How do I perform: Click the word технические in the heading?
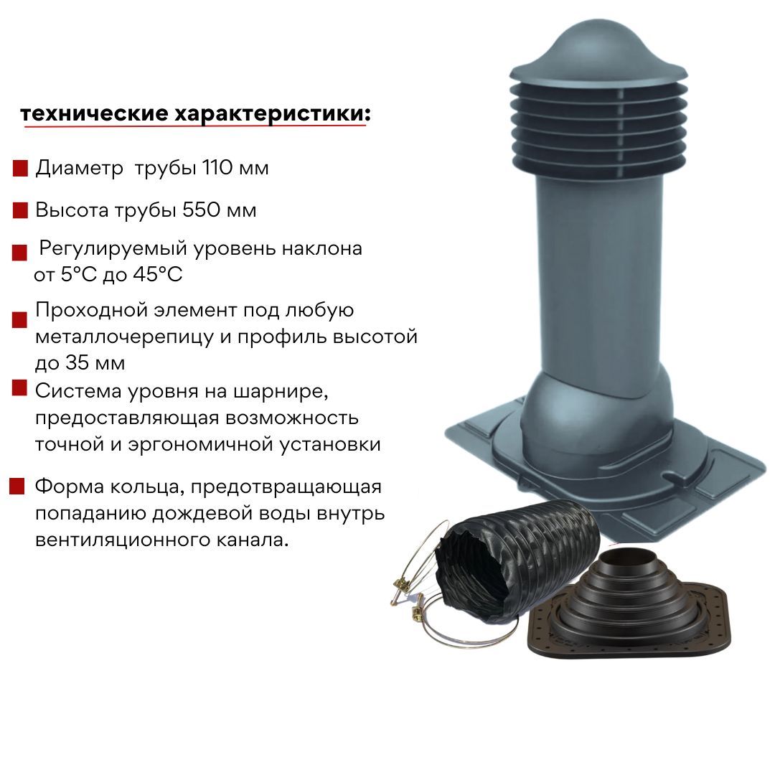(94, 113)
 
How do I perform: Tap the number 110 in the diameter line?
(217, 167)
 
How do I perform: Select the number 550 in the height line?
(201, 210)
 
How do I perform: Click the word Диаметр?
(79, 168)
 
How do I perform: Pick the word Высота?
(72, 210)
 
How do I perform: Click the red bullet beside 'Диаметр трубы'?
(20, 169)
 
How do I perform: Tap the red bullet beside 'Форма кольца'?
(17, 487)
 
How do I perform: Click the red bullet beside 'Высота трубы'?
(20, 210)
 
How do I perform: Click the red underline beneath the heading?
(194, 126)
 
